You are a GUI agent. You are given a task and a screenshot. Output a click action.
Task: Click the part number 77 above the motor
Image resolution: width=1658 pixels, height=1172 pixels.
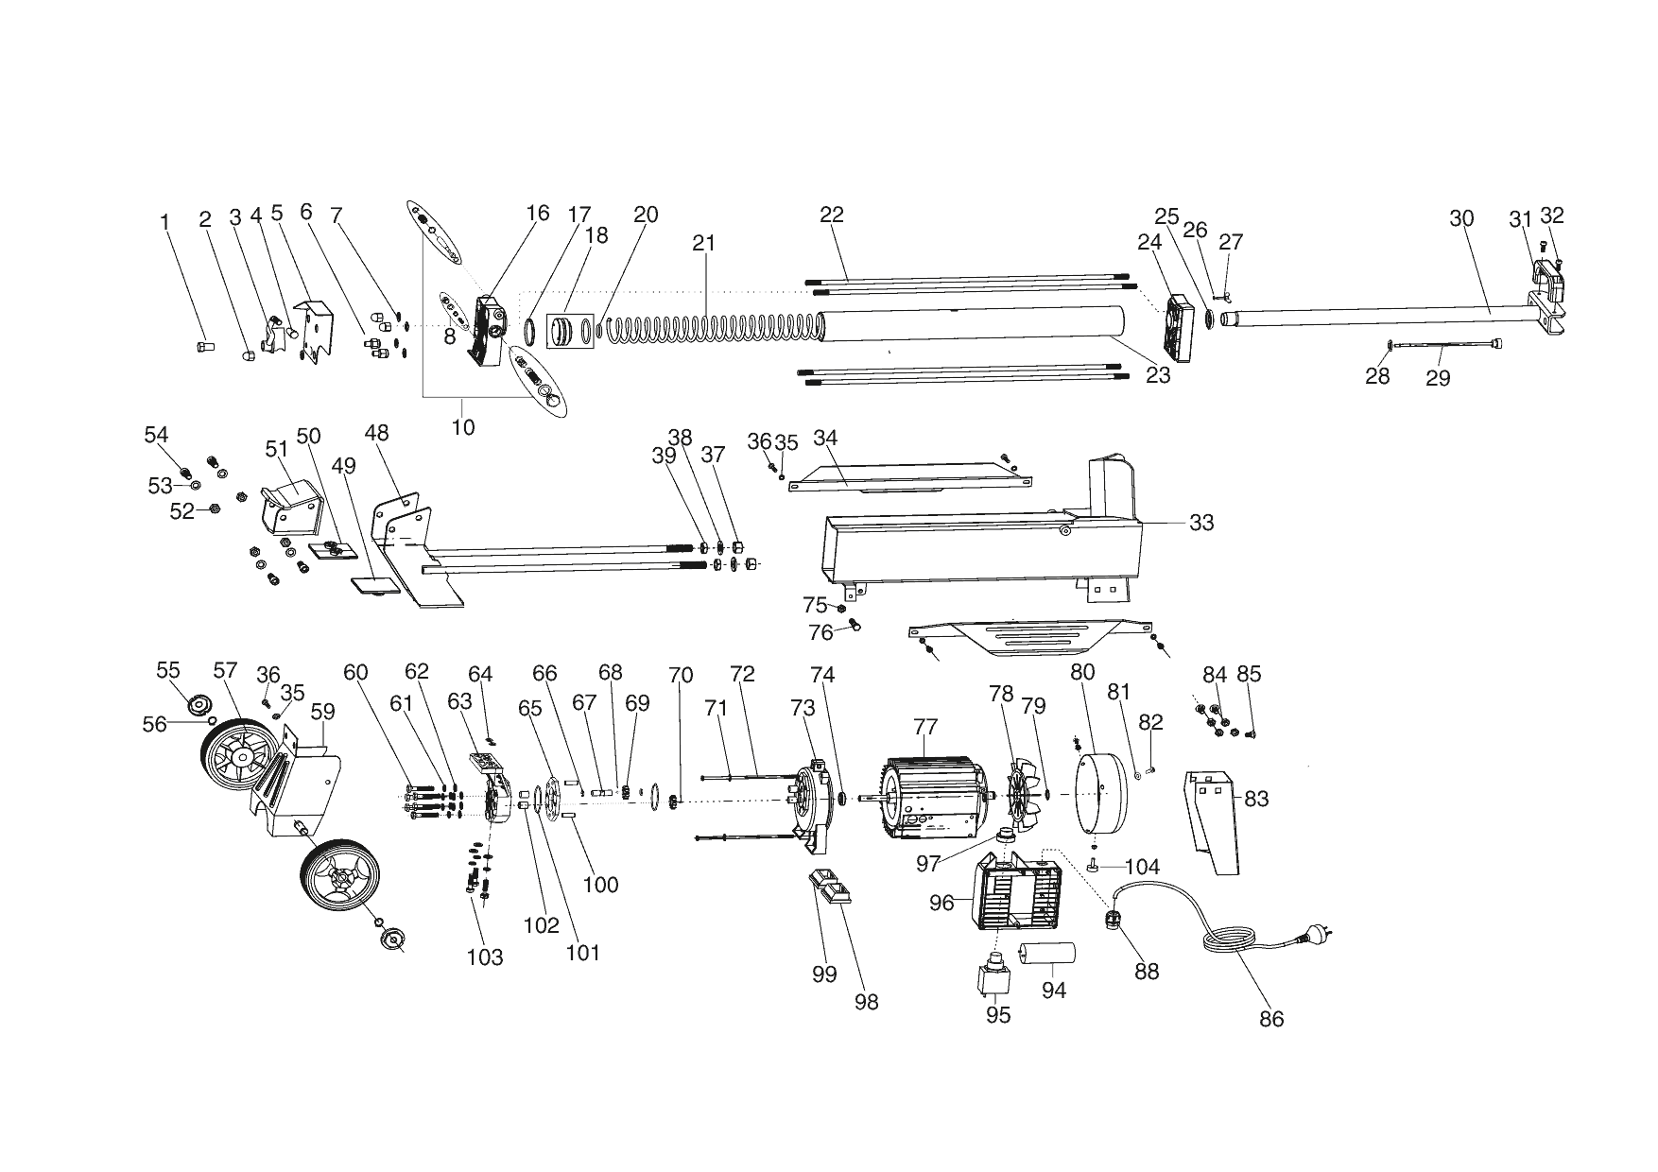(925, 727)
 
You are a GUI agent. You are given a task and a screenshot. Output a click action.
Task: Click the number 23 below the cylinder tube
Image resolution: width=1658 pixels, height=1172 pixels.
(1158, 375)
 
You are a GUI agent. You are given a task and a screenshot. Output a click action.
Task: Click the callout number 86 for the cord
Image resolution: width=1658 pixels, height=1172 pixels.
(1271, 1019)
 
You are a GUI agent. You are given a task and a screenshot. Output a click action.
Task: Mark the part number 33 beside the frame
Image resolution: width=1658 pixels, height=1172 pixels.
(1200, 523)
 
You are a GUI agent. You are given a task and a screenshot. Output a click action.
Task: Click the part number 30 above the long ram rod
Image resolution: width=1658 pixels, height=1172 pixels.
(1461, 218)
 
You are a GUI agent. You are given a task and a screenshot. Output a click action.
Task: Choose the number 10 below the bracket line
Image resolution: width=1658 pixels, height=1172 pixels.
(463, 427)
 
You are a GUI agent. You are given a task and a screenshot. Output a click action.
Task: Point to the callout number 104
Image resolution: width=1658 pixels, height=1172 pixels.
(1142, 867)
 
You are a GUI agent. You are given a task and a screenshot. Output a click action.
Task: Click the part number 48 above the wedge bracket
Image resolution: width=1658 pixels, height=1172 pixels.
(376, 433)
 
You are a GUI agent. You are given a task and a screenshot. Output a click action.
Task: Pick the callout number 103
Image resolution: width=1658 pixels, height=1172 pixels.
(485, 957)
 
